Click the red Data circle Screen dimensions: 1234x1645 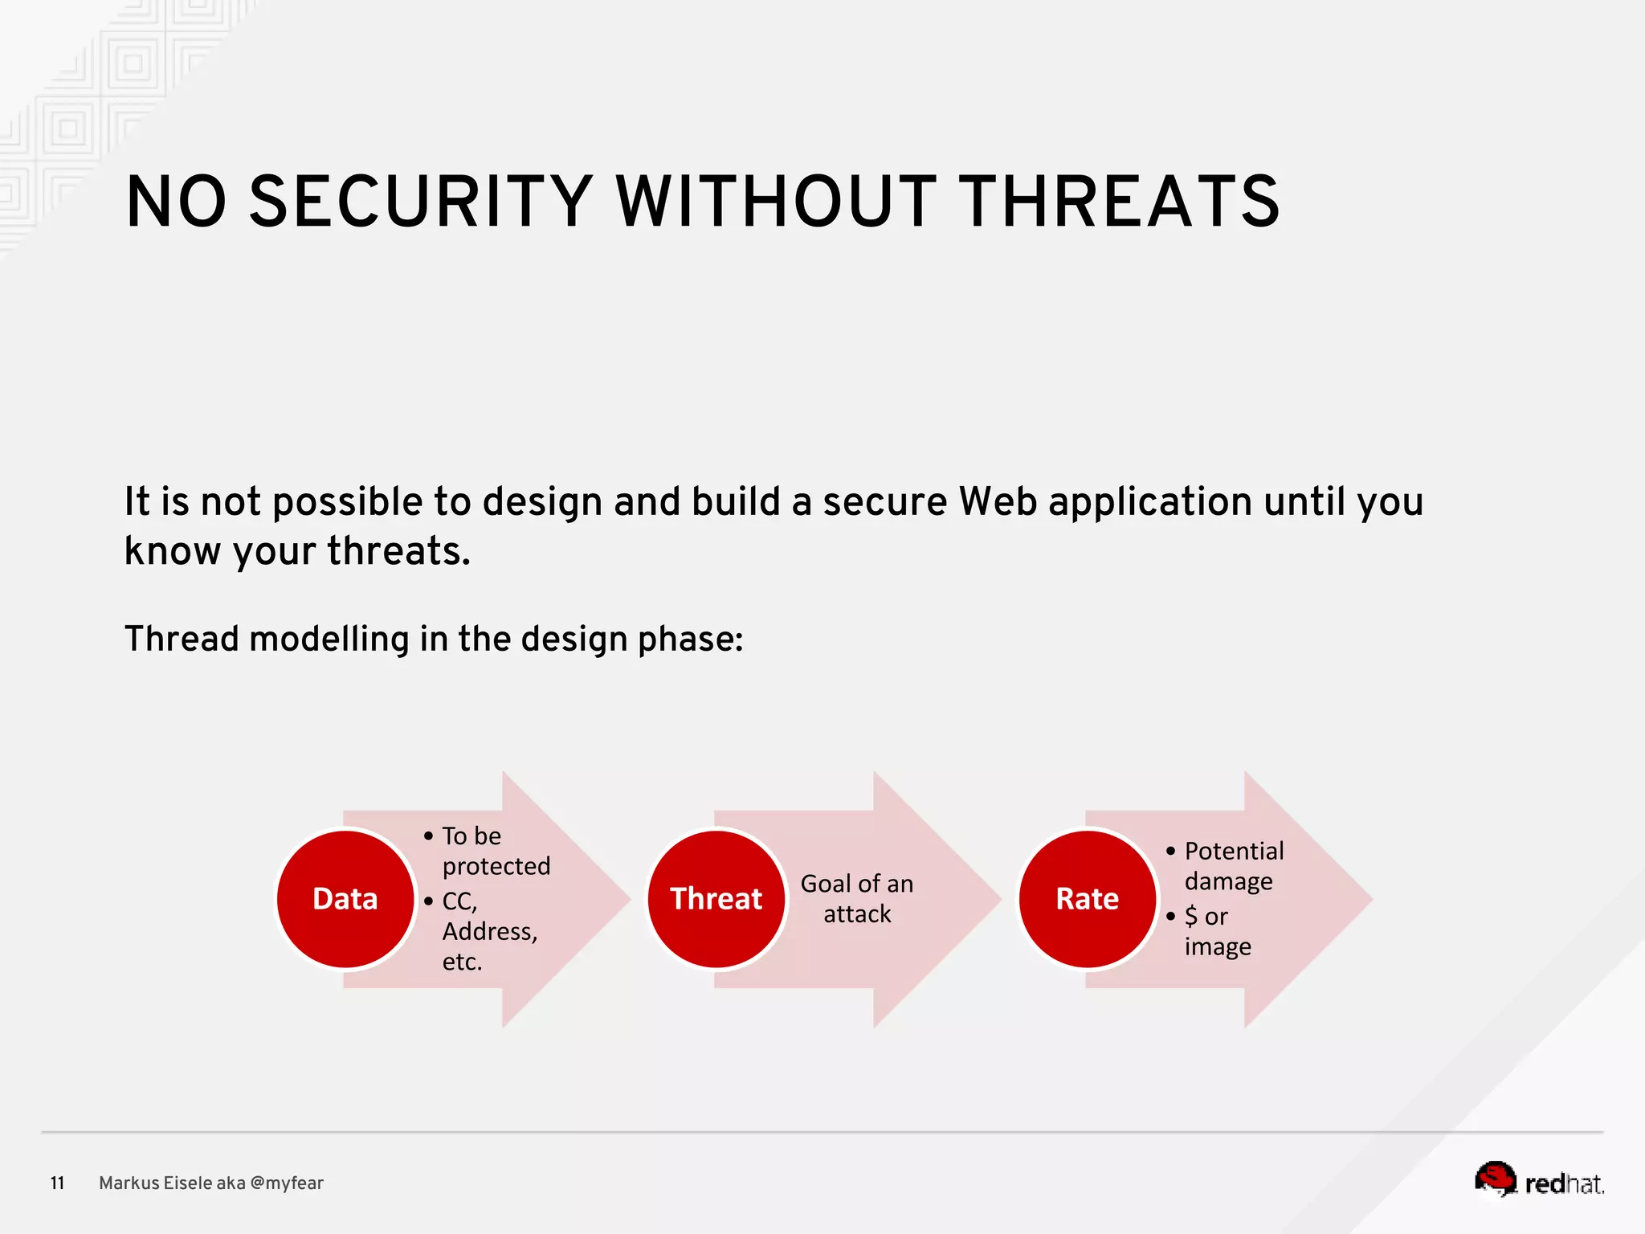point(345,899)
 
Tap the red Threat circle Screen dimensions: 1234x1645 point(716,899)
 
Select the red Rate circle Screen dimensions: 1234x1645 point(1087,899)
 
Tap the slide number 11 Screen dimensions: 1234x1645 point(57,1183)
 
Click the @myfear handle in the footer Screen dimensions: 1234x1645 point(287,1183)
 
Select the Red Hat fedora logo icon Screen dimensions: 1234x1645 point(1495,1179)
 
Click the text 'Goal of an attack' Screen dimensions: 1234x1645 point(857,899)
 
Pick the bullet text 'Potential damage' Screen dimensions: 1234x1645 point(1233,866)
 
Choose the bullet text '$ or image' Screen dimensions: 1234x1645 point(1217,931)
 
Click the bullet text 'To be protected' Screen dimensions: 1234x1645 point(496,851)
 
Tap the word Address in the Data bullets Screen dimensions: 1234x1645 point(488,931)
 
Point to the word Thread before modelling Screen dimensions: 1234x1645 point(182,639)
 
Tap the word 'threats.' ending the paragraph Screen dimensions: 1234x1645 point(398,551)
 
